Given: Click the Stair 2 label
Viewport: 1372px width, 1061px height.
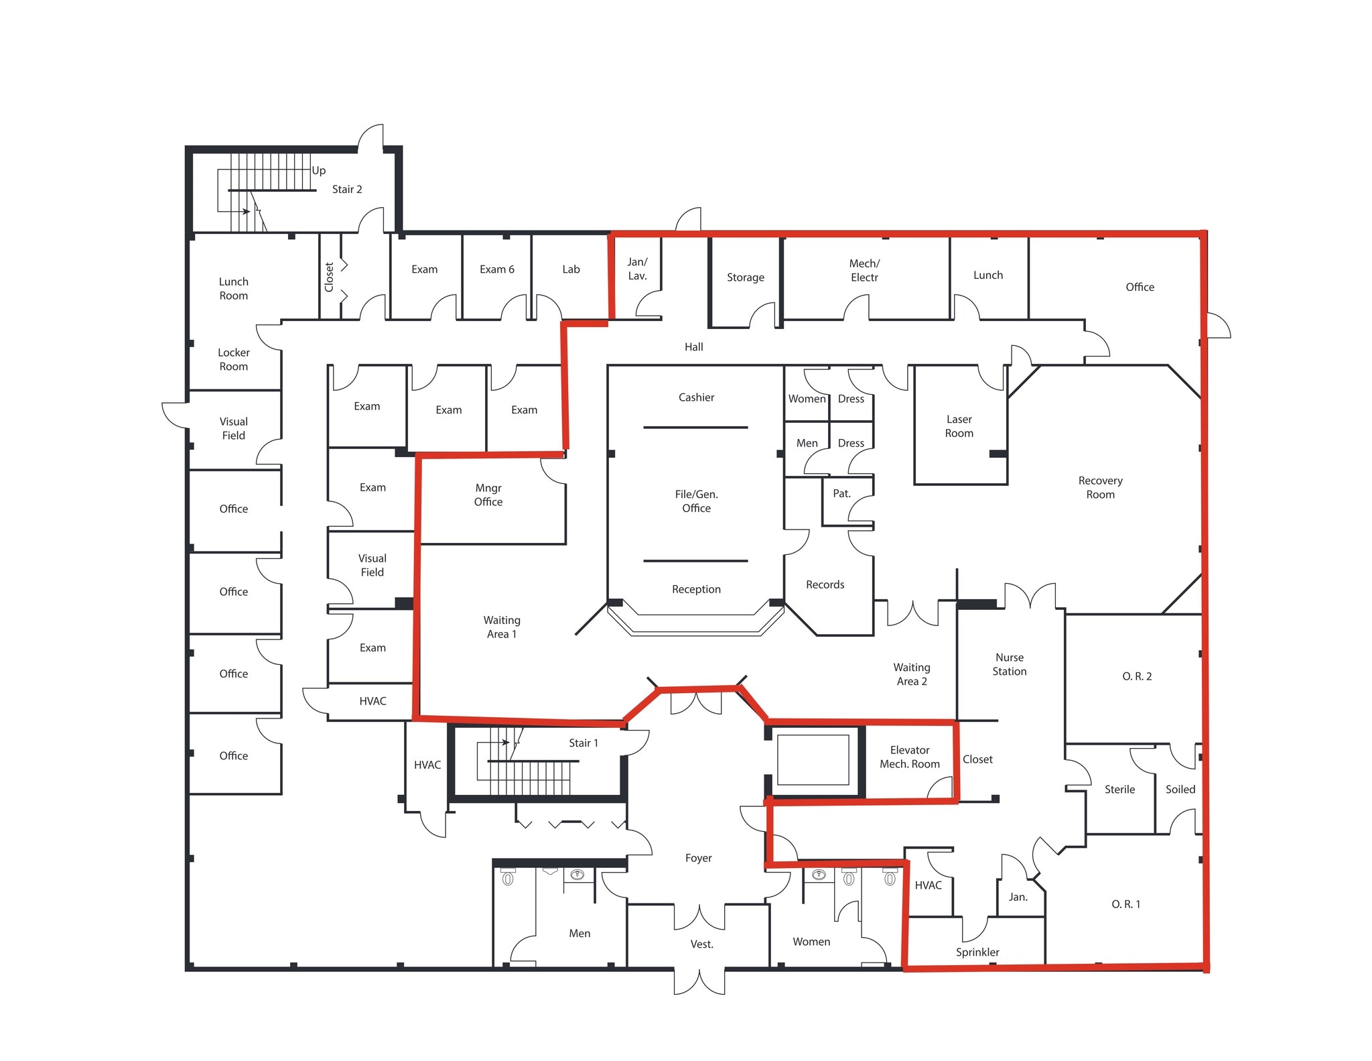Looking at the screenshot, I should pyautogui.click(x=347, y=190).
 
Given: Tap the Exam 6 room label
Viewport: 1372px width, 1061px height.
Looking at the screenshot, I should pyautogui.click(x=497, y=269).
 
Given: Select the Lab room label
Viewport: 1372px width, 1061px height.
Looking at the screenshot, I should pyautogui.click(x=571, y=269).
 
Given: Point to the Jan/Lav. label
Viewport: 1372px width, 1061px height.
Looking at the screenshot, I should pyautogui.click(x=637, y=269).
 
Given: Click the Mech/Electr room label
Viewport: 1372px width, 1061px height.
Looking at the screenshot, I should pyautogui.click(x=864, y=271).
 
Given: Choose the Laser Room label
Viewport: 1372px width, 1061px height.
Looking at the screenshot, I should pyautogui.click(x=959, y=426).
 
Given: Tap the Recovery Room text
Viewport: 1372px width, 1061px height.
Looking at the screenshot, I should pyautogui.click(x=1100, y=487).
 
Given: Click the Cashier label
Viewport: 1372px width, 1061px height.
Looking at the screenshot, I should pyautogui.click(x=696, y=397).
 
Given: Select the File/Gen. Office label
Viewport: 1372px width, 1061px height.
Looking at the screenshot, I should pyautogui.click(x=696, y=501).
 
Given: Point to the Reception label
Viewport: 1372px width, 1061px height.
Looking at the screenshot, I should pyautogui.click(x=696, y=589).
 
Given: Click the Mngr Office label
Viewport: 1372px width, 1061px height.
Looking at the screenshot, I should pyautogui.click(x=488, y=495).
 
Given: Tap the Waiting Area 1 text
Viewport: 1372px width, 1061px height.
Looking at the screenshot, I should pyautogui.click(x=502, y=627).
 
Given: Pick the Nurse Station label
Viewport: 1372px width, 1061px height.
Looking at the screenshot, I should pyautogui.click(x=1009, y=664).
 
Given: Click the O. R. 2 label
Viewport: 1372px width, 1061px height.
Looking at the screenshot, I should pyautogui.click(x=1137, y=676).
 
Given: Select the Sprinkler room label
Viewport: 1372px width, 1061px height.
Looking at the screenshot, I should pyautogui.click(x=977, y=952).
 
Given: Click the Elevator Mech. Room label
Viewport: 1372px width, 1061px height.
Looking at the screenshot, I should pyautogui.click(x=910, y=757).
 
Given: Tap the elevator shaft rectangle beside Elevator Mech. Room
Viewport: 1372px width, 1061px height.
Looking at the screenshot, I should pyautogui.click(x=813, y=759).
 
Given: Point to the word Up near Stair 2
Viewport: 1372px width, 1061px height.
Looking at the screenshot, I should pyautogui.click(x=319, y=170).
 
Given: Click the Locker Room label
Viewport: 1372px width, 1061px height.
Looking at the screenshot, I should pyautogui.click(x=233, y=359).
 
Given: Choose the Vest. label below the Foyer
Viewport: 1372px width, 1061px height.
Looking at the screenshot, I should pyautogui.click(x=701, y=944).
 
